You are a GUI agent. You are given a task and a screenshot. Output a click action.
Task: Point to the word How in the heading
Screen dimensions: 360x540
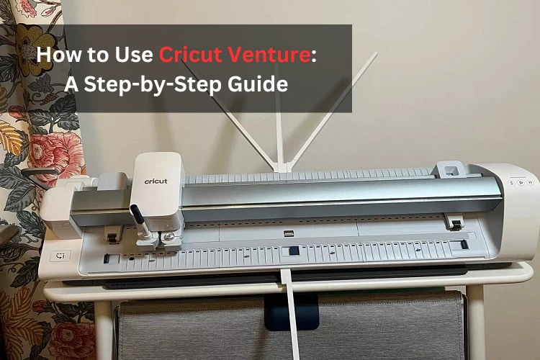coord(57,55)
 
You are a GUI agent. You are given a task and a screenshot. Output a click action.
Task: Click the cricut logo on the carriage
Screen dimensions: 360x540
coord(156,181)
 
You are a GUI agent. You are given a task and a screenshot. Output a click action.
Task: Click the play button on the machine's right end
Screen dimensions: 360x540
coord(520,183)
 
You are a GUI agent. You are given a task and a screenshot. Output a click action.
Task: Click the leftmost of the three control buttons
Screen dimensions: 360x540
coord(510,183)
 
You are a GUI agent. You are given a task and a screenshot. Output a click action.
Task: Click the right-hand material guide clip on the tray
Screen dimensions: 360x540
coord(454,222)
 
